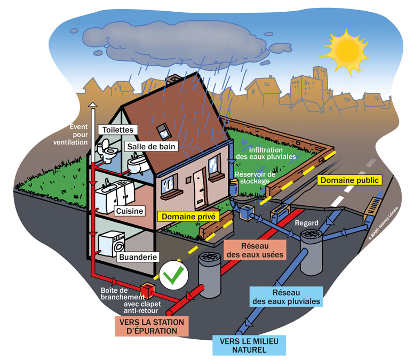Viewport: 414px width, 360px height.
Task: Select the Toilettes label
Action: [118, 130]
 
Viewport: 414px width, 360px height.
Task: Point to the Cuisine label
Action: [130, 211]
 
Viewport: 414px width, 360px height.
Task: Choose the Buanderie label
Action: [137, 257]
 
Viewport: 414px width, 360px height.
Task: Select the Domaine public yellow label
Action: [349, 180]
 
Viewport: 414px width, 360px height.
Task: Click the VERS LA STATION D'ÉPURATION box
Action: [152, 326]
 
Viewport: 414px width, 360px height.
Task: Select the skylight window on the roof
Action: [162, 129]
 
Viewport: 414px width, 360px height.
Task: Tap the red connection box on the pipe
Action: [147, 290]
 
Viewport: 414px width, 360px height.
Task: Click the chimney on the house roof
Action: [171, 80]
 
